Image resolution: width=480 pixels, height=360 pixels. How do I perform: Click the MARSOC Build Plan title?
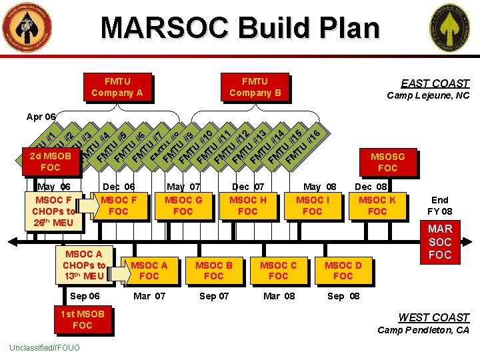[x=240, y=28]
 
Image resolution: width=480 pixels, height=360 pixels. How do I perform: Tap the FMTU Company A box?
[x=117, y=87]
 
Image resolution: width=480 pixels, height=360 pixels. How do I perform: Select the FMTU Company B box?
[x=255, y=87]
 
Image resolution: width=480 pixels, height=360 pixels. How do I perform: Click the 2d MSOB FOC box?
[x=50, y=161]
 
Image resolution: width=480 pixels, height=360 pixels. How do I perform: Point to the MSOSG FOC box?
[x=387, y=162]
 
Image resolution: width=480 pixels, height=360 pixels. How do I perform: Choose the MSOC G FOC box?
[x=183, y=205]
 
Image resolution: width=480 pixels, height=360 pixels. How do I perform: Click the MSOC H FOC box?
[x=247, y=205]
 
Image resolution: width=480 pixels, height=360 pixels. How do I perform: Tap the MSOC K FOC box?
[x=377, y=205]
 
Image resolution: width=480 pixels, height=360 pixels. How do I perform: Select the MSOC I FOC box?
[x=312, y=205]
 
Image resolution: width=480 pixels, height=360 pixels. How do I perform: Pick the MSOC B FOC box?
[x=213, y=270]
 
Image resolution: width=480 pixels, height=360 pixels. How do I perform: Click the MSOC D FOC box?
[x=343, y=270]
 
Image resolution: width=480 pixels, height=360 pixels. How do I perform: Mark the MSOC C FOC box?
[x=278, y=270]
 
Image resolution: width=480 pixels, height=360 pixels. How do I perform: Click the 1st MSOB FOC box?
[x=82, y=319]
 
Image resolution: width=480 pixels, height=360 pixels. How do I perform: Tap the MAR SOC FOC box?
[x=440, y=242]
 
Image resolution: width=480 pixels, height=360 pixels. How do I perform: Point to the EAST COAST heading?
[x=435, y=83]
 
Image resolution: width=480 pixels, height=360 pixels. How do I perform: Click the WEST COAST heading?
[x=433, y=317]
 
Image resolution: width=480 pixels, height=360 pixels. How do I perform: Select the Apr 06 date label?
[x=40, y=117]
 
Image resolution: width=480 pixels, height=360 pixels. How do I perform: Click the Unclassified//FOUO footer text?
[x=45, y=348]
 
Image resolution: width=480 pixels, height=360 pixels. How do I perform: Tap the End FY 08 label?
[x=440, y=205]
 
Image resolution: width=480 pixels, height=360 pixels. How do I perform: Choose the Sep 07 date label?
[x=213, y=296]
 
